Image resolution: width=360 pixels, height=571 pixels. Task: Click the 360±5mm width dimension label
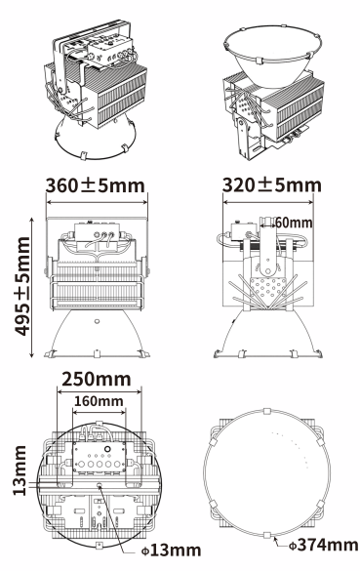[x=96, y=185]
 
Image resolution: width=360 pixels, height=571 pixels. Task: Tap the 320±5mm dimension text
[x=272, y=185]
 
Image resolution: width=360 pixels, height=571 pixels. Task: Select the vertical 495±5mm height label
[x=22, y=286]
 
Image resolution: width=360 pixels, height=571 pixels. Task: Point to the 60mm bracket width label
[x=294, y=223]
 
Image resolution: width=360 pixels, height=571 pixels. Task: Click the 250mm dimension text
[x=97, y=379]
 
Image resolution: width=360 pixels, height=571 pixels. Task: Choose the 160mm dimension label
[x=99, y=401]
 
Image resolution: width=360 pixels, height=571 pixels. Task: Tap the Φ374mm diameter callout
[x=324, y=546]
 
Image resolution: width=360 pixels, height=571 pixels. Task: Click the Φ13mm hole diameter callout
[x=171, y=551]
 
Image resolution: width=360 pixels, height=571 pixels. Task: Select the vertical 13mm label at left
[x=20, y=470]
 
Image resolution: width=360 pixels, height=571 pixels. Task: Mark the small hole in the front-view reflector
[x=97, y=321]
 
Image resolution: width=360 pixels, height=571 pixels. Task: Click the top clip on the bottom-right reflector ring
[x=267, y=411]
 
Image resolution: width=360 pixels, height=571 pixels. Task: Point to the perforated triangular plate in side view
[x=267, y=289]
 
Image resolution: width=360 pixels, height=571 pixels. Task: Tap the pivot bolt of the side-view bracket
[x=267, y=271]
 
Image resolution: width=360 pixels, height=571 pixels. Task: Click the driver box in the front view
[x=97, y=232]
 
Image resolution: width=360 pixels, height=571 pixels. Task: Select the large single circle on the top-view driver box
[x=107, y=449]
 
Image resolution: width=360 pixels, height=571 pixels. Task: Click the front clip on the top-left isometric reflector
[x=83, y=155]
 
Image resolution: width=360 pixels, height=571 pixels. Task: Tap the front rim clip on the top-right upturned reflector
[x=259, y=61]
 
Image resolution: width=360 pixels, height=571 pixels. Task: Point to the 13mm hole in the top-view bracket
[x=100, y=485]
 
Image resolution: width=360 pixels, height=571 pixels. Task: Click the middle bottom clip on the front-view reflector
[x=97, y=353]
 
